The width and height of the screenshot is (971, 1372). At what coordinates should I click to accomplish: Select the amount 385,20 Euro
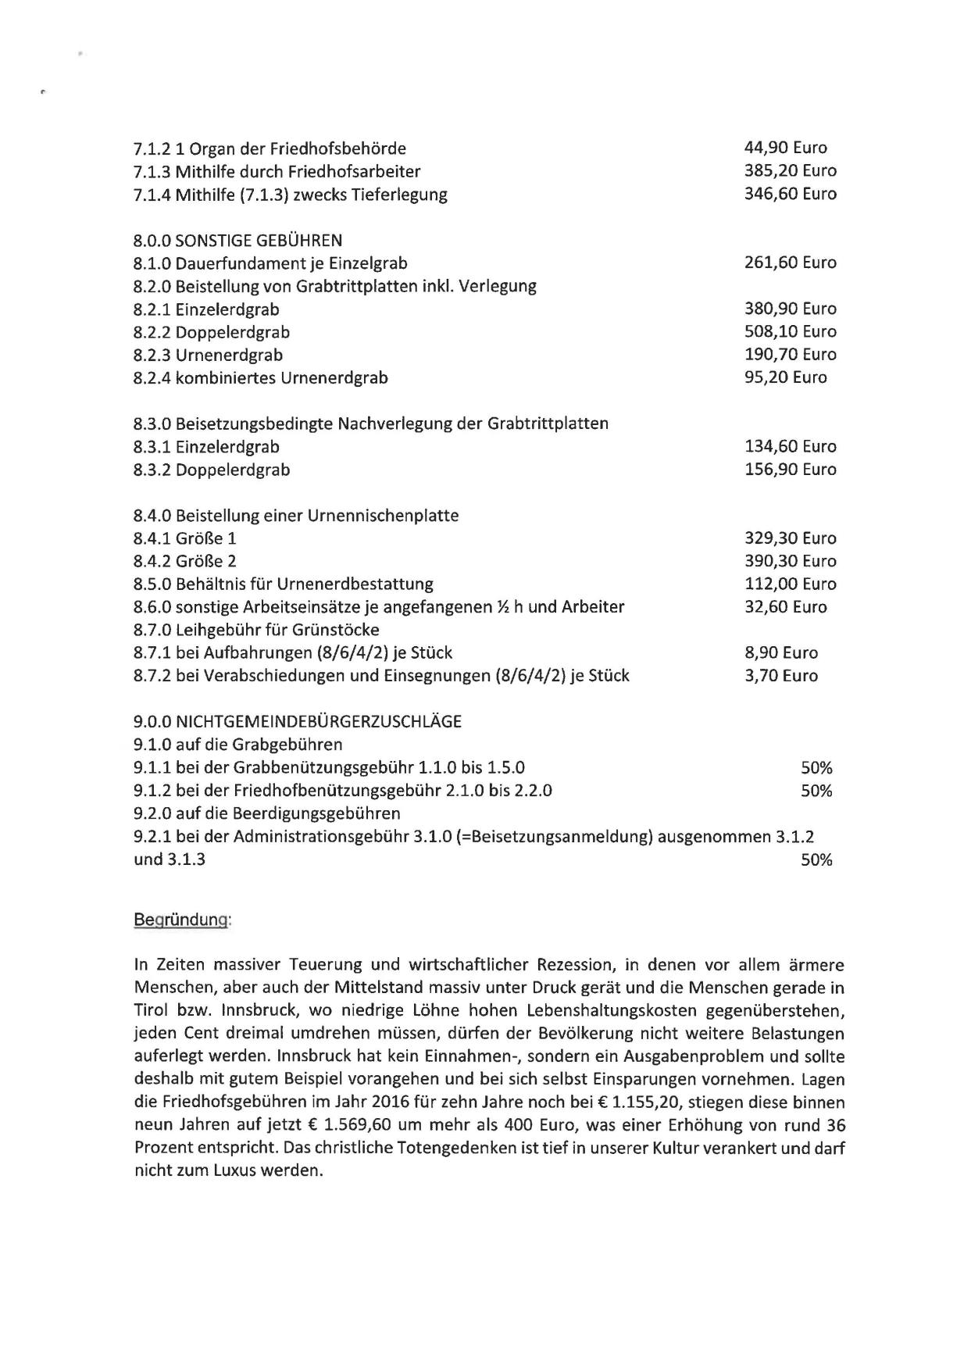click(790, 170)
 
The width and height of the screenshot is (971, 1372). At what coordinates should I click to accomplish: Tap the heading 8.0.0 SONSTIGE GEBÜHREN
click(237, 240)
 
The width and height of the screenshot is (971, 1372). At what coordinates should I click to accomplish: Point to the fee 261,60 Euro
click(790, 263)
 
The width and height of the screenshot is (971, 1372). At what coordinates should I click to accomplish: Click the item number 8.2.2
click(152, 332)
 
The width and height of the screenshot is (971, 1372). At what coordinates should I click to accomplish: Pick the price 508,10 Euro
click(790, 331)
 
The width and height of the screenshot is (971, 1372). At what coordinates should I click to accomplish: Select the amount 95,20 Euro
click(785, 377)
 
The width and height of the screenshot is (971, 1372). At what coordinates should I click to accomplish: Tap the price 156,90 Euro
click(790, 470)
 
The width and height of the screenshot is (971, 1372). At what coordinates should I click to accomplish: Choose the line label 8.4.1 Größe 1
click(184, 538)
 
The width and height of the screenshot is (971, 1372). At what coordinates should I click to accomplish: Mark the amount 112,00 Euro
click(790, 584)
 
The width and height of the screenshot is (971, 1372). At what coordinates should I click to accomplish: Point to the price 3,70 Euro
click(780, 676)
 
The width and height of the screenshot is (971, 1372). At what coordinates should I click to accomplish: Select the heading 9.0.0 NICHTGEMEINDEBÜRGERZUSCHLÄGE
click(298, 721)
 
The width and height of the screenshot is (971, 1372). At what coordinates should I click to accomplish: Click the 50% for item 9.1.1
click(816, 768)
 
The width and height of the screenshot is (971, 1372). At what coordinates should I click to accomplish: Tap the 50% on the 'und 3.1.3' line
click(816, 860)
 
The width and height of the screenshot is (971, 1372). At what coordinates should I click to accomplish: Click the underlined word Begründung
click(182, 920)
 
